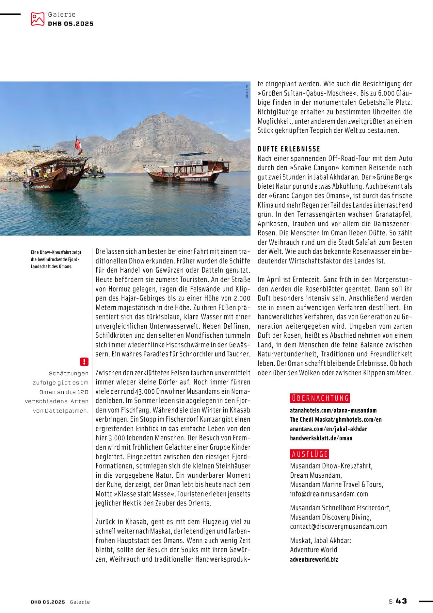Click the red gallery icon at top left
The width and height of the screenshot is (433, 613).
[x=37, y=19]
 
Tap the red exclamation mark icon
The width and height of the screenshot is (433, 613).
[x=84, y=362]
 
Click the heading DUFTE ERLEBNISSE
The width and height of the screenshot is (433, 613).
[x=289, y=149]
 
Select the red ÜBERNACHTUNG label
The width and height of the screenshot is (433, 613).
[x=320, y=398]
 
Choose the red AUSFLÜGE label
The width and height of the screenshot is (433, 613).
[x=309, y=454]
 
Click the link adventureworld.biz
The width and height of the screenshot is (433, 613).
[x=314, y=559]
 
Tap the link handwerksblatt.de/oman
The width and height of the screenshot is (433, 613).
[x=321, y=438]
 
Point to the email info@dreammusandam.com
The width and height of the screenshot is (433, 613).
[x=329, y=494]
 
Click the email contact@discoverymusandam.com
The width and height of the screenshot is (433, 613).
[x=339, y=527]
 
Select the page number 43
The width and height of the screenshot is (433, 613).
[x=402, y=601]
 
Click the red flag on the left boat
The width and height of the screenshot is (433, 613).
[x=78, y=144]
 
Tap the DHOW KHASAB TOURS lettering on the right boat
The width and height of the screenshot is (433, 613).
[x=196, y=179]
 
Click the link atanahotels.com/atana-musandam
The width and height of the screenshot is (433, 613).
[x=333, y=410]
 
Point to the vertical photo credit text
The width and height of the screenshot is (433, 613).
[x=247, y=92]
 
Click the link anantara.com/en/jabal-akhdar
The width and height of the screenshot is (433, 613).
[x=328, y=429]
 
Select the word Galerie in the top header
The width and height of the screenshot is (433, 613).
[x=62, y=14]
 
